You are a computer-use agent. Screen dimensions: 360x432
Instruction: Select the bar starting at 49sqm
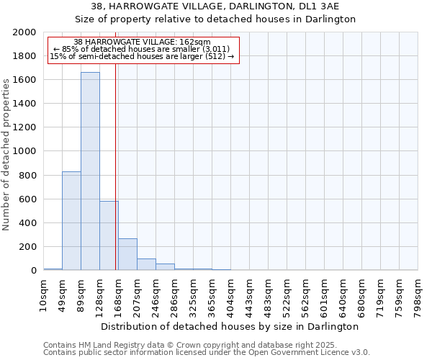71,220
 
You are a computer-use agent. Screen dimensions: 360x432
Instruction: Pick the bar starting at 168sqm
127,254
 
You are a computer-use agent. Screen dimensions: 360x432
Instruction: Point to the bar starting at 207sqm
146,264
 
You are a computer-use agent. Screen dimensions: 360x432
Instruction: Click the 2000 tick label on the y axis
25,32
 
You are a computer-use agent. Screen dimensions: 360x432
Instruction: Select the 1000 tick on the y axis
25,152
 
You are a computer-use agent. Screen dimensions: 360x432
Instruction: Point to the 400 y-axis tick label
28,223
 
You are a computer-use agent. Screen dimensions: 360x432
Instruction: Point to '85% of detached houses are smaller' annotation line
142,49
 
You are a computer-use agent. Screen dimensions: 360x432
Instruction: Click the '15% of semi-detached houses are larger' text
142,56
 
